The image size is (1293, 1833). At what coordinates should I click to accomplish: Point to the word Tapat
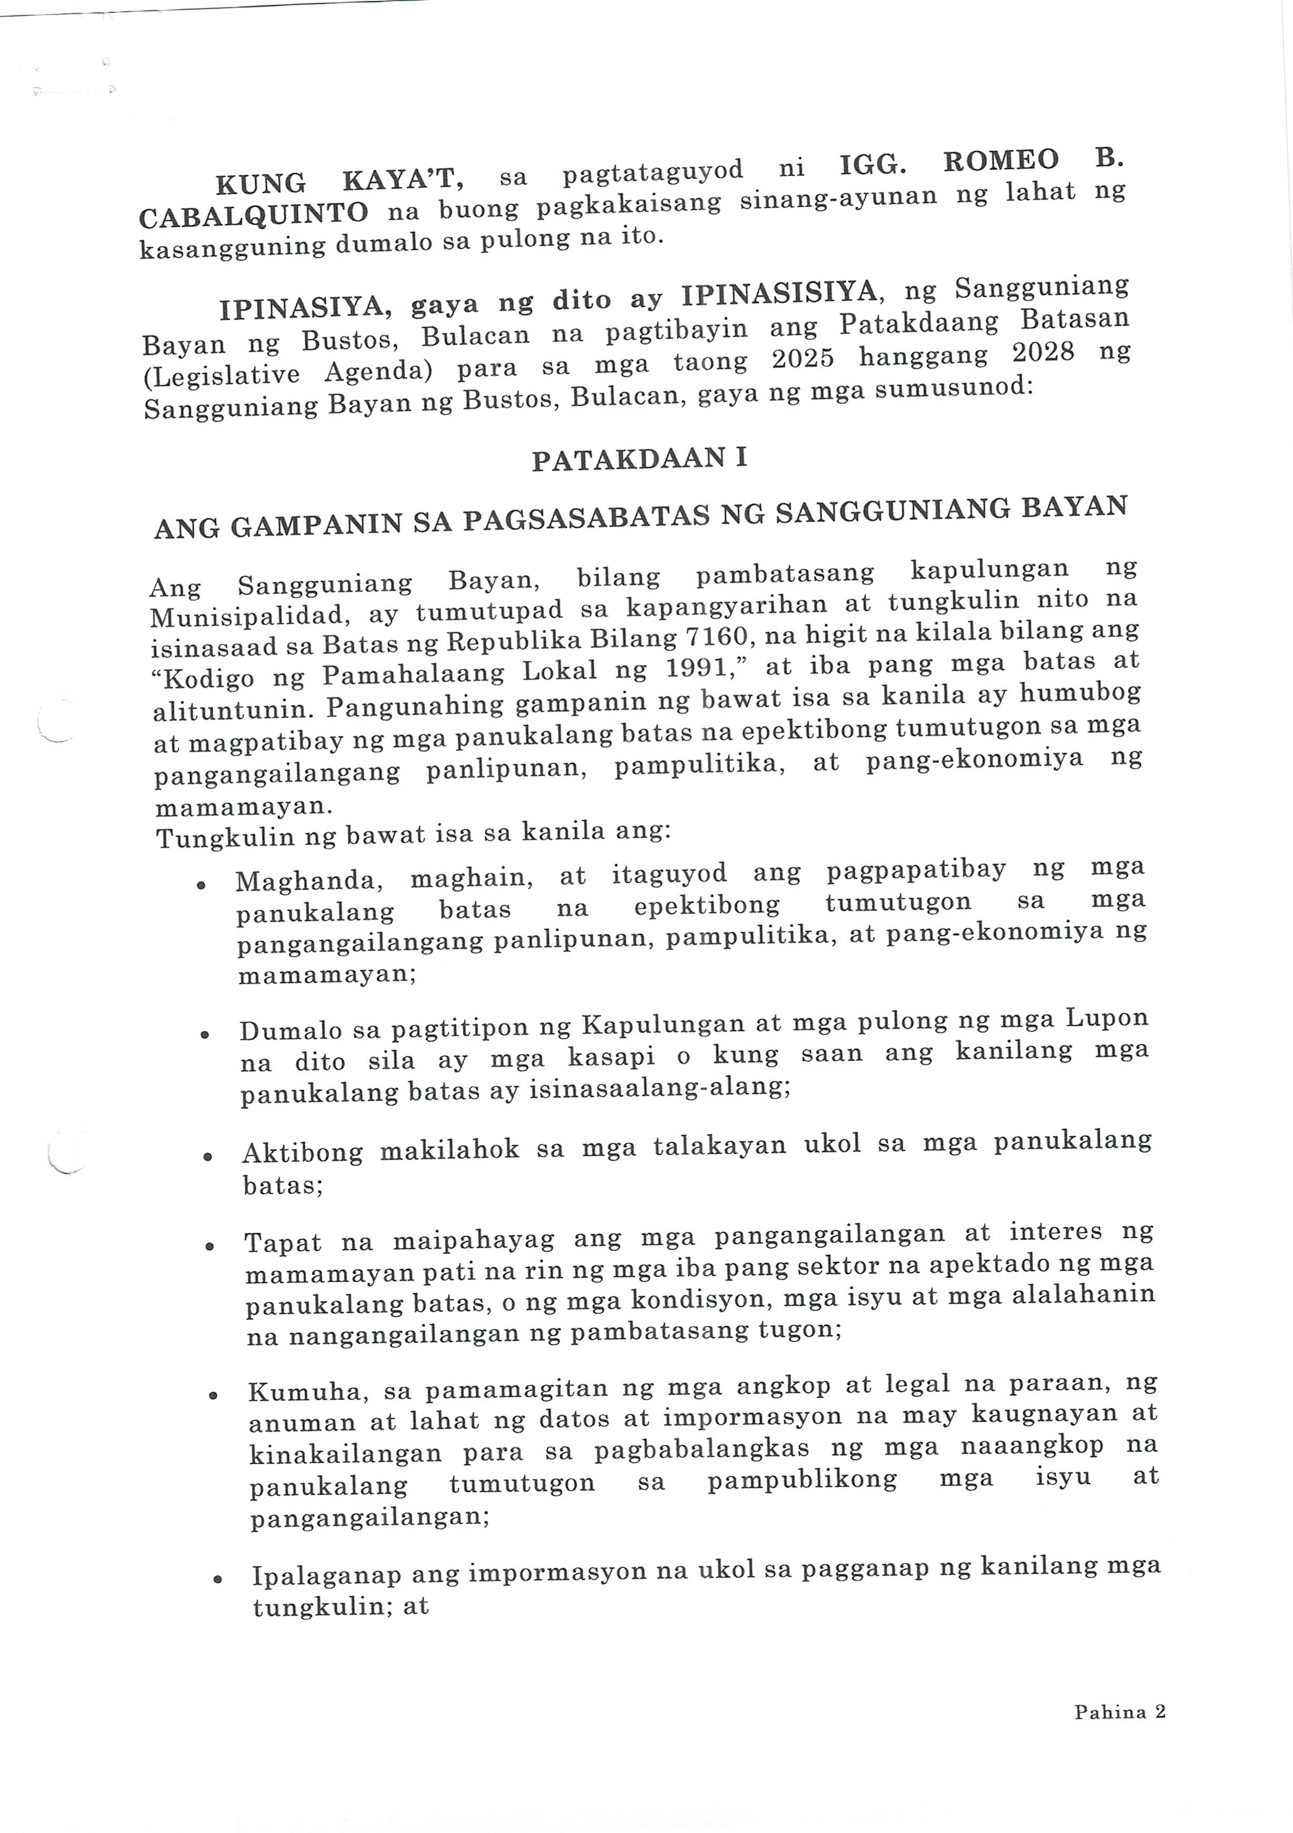pyautogui.click(x=282, y=1242)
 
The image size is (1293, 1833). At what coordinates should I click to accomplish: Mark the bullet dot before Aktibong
pyautogui.click(x=208, y=1156)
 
